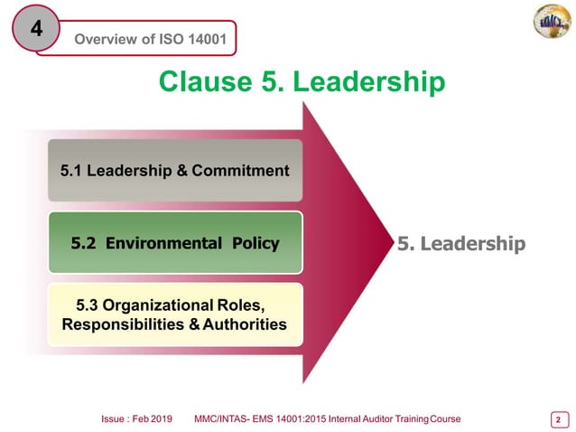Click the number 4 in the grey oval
point(37,29)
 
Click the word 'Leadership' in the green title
point(371,82)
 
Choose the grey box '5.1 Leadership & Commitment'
point(175,170)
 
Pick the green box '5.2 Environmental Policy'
point(175,243)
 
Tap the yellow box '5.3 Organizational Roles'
point(175,314)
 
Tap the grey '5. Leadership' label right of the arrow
point(460,243)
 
